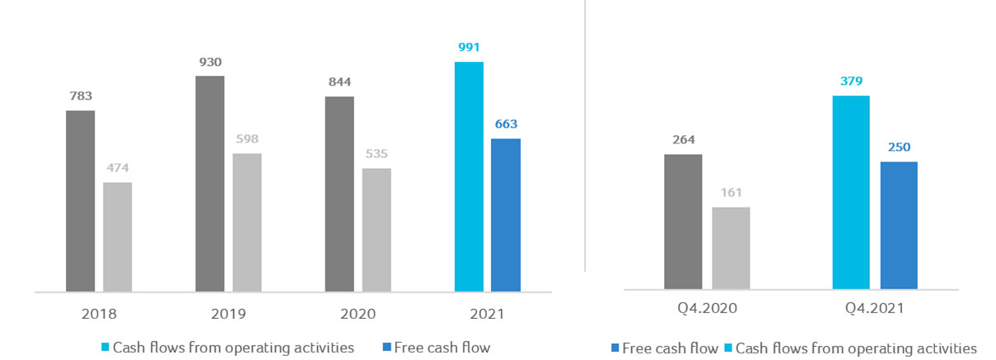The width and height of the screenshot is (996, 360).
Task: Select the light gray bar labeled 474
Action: pyautogui.click(x=117, y=236)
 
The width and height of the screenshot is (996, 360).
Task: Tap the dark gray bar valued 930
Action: pyautogui.click(x=209, y=183)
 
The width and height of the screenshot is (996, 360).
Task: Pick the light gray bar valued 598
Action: pyautogui.click(x=246, y=222)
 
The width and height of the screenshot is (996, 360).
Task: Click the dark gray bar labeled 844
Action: pyautogui.click(x=339, y=194)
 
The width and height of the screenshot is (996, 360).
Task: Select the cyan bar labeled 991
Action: pyautogui.click(x=469, y=176)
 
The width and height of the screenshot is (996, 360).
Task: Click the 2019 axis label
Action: pyautogui.click(x=227, y=314)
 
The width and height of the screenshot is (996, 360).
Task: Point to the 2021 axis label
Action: pyautogui.click(x=487, y=314)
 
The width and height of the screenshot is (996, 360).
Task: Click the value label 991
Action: pyautogui.click(x=469, y=48)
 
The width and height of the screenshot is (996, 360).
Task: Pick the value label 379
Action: pyautogui.click(x=851, y=81)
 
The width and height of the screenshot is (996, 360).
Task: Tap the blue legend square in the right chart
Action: pyautogui.click(x=614, y=348)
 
